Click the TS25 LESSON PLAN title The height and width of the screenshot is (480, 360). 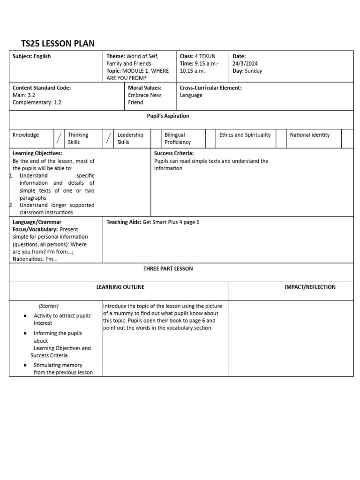pyautogui.click(x=58, y=44)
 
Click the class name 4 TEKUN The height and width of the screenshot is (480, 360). pyautogui.click(x=205, y=56)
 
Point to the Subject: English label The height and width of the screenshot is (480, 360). pyautogui.click(x=32, y=56)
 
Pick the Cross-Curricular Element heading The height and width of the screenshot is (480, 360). pyautogui.click(x=210, y=88)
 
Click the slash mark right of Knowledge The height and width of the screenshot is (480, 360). pyautogui.click(x=59, y=138)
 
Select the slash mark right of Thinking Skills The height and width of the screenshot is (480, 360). pyautogui.click(x=108, y=138)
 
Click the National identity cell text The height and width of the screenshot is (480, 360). pyautogui.click(x=309, y=135)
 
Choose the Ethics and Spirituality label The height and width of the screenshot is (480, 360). pyautogui.click(x=245, y=135)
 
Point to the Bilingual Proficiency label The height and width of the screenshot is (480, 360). pyautogui.click(x=178, y=138)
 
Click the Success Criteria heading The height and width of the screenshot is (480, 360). pyautogui.click(x=174, y=153)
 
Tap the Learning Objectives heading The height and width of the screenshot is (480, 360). pyautogui.click(x=37, y=153)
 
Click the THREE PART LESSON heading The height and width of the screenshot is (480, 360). pyautogui.click(x=168, y=269)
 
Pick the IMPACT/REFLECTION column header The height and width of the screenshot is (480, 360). pyautogui.click(x=310, y=287)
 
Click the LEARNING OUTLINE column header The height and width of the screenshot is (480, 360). pyautogui.click(x=120, y=287)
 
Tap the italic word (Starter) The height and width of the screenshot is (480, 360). pyautogui.click(x=49, y=306)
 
